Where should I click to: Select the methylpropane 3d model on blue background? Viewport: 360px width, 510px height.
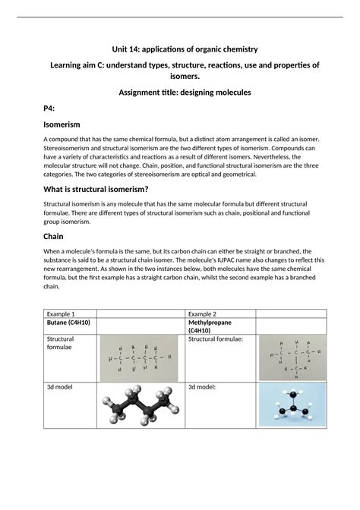click(292, 403)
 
